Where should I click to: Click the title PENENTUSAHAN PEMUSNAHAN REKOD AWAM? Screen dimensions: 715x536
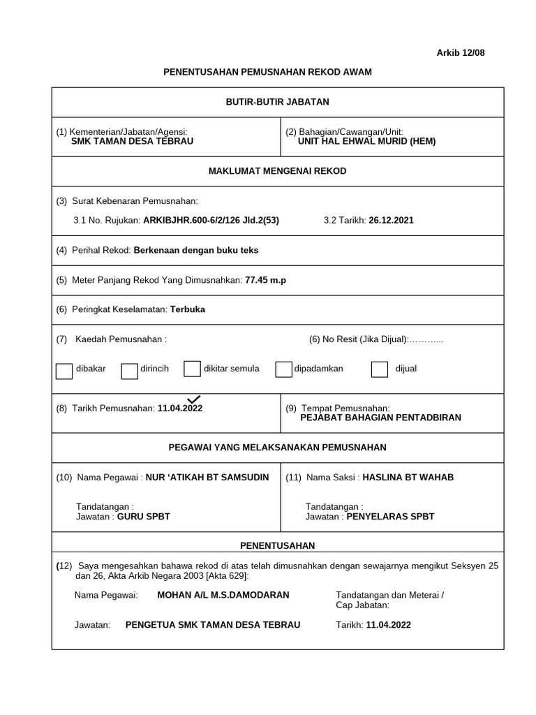tap(267, 72)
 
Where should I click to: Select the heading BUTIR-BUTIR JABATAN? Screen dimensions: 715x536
tap(277, 102)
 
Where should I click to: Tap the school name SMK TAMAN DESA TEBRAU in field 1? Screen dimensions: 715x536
tap(133, 141)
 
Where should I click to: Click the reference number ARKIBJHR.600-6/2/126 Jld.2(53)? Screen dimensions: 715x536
tap(211, 220)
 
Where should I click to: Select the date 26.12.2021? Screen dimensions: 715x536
tap(391, 220)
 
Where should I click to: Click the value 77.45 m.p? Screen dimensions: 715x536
tap(265, 280)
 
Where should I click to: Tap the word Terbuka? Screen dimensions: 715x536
tap(188, 309)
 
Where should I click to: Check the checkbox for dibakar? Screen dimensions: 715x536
tap(64, 371)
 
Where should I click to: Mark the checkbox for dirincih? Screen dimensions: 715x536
tap(129, 371)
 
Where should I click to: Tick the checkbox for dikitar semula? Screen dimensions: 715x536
tap(192, 369)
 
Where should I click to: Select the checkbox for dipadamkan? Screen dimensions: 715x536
tap(283, 369)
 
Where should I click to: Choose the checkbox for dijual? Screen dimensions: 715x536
tap(380, 369)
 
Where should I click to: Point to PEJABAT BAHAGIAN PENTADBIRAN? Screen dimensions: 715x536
tap(380, 418)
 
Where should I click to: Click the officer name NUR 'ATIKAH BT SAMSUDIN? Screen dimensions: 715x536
tap(207, 478)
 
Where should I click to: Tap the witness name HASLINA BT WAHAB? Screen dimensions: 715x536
tap(408, 478)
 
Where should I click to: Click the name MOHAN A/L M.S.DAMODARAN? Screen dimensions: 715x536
tap(223, 595)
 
